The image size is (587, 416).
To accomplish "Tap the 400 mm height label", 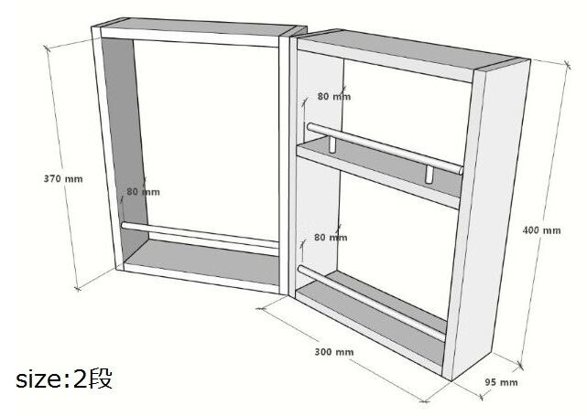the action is click(543, 230).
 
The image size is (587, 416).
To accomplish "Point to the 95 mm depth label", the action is click(501, 381).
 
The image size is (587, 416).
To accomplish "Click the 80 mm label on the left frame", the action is click(143, 192).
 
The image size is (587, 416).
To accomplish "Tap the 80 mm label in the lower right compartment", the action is click(331, 237).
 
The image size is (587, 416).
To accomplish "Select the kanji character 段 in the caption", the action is click(101, 379).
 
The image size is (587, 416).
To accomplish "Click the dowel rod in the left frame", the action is click(201, 235).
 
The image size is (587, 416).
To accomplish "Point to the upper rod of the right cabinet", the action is click(385, 147).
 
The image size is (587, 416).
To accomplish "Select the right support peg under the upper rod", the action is click(428, 174).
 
